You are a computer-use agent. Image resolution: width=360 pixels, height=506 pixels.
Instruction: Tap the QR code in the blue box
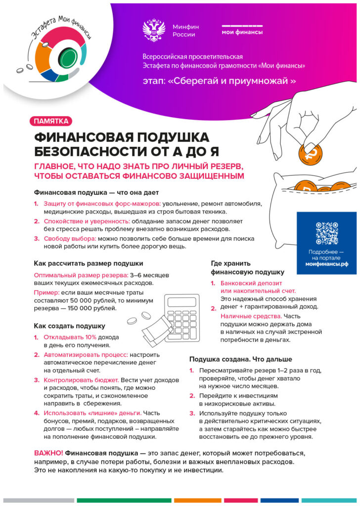(x=326, y=233)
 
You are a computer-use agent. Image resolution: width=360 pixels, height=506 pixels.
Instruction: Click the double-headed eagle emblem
(x=153, y=30)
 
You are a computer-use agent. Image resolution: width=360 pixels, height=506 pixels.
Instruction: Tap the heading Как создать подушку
(x=69, y=326)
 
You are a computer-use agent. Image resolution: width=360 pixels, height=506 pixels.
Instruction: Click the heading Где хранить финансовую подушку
(x=247, y=267)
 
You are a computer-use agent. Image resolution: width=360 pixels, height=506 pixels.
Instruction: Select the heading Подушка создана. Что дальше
(x=241, y=359)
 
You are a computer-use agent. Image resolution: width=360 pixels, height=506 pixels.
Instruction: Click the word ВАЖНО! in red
(x=48, y=453)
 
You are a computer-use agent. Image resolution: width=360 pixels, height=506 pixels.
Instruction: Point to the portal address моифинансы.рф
(x=326, y=265)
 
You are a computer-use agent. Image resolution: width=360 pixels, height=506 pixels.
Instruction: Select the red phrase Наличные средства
(x=251, y=316)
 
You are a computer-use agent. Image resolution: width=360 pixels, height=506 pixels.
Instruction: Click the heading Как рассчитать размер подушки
(x=89, y=263)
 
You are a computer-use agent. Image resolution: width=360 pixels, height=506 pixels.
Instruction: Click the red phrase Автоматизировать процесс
(x=86, y=354)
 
